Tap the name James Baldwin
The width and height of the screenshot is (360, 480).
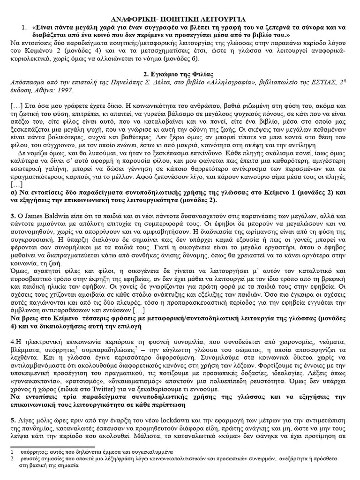40,216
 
